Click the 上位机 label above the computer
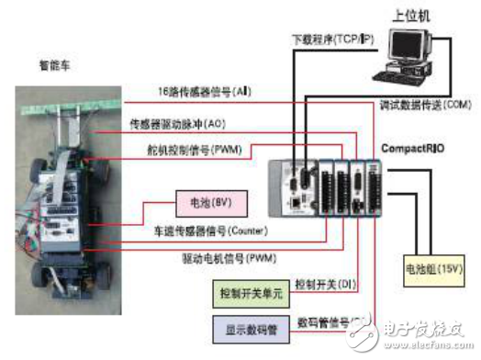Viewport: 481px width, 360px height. [411, 15]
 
